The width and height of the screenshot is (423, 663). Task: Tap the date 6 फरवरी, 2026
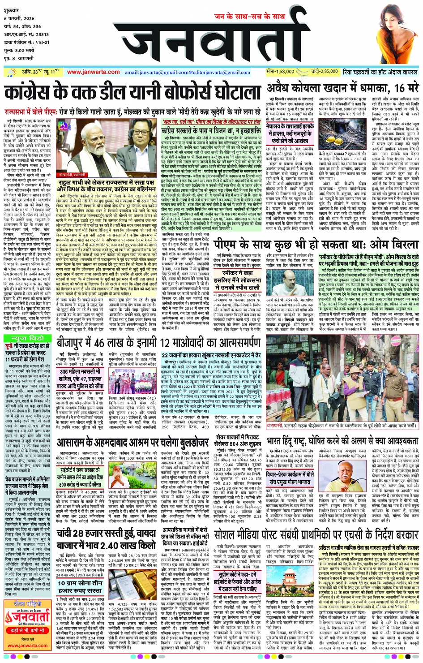[19, 18]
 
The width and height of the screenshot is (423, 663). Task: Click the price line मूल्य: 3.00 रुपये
[19, 51]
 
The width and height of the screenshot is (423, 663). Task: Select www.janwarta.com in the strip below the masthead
[93, 72]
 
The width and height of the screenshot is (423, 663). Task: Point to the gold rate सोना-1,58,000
[280, 71]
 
